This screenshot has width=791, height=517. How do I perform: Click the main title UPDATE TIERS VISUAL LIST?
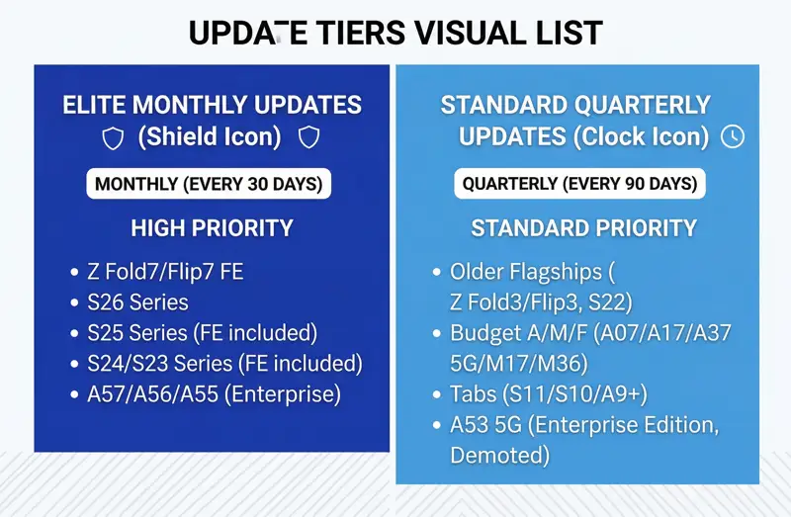pos(395,33)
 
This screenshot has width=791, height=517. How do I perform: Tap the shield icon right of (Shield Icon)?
pos(309,137)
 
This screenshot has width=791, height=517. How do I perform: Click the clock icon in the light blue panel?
pos(733,136)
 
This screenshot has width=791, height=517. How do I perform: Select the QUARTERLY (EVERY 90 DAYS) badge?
pos(579,184)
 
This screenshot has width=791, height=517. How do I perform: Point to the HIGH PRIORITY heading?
pos(212,228)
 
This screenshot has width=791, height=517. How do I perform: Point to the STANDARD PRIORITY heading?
pos(583,228)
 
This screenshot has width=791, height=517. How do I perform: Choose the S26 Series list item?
pos(137,302)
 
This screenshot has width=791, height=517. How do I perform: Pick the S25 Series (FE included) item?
pos(202,333)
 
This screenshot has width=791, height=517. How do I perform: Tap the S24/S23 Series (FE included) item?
pos(224,364)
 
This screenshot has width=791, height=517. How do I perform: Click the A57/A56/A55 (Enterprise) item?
pos(214,394)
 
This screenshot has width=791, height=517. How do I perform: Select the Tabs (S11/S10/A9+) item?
pos(549,394)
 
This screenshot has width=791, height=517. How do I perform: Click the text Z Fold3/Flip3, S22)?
pos(541,302)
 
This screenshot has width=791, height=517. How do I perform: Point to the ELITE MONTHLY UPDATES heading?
pos(212,105)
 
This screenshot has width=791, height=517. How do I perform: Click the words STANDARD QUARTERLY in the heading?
pos(575,105)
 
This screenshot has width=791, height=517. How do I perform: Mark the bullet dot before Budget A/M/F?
pos(438,334)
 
